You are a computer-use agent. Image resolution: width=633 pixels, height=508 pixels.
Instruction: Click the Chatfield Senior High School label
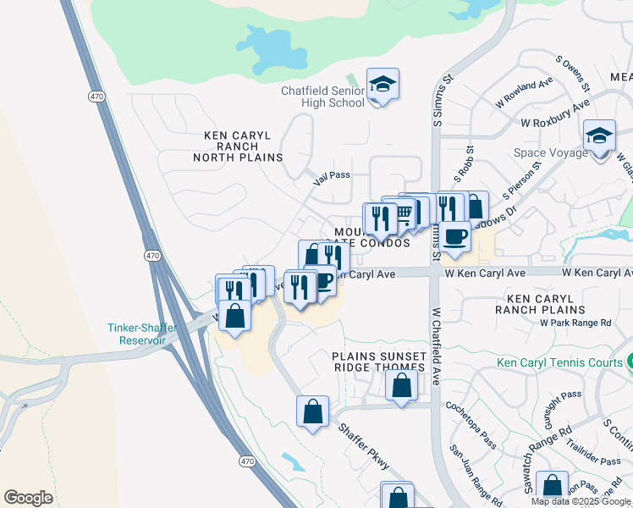tap(323, 97)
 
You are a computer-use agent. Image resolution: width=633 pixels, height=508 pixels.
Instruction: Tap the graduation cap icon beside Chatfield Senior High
tap(383, 84)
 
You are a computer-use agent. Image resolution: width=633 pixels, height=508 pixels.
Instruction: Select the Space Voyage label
tap(550, 153)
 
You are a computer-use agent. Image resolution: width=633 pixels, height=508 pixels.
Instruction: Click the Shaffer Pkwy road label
tap(364, 446)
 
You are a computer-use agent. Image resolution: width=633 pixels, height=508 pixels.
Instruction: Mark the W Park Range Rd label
tap(575, 323)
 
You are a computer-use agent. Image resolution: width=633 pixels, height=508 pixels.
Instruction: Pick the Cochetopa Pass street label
tap(471, 425)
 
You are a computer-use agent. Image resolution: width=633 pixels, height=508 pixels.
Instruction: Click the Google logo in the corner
tap(28, 498)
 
